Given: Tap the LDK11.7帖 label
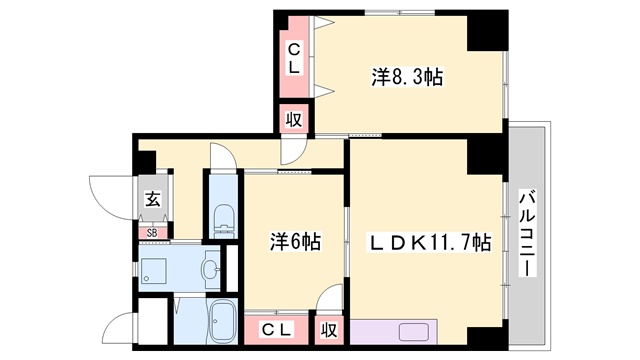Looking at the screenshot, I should click(433, 241).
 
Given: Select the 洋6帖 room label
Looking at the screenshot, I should click(294, 242).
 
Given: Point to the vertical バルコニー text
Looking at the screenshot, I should click(527, 236).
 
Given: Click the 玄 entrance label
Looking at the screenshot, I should click(152, 199).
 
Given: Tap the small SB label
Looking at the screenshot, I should click(152, 234).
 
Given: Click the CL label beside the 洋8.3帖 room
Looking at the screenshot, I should click(295, 58).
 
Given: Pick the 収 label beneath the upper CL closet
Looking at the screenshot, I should click(294, 119).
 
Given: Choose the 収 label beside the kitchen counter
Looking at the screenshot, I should click(328, 328).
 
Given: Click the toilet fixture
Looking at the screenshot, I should click(222, 215).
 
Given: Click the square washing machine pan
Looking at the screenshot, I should click(155, 267).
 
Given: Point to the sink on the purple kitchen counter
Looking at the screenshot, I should click(413, 332).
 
